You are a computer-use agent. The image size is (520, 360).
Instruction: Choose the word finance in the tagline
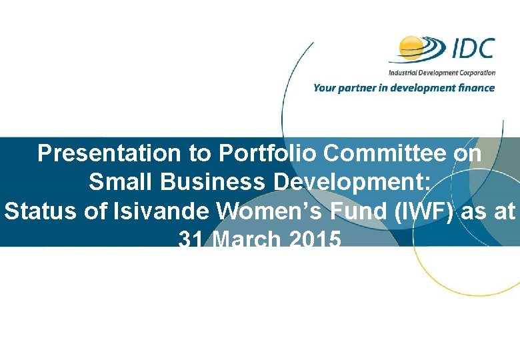pyautogui.click(x=475, y=88)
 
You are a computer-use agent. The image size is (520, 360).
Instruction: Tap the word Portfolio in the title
pyautogui.click(x=255, y=154)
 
